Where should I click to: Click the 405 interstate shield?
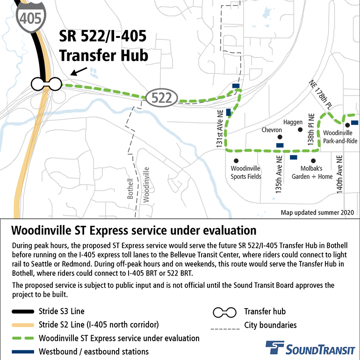[x=31, y=19]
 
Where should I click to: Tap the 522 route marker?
[x=162, y=98]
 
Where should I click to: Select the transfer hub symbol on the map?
[x=46, y=84]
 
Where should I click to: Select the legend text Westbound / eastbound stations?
[x=94, y=352]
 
